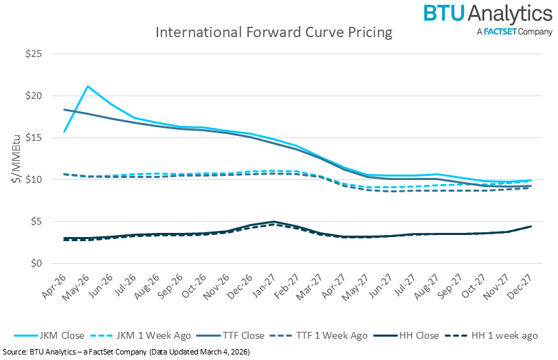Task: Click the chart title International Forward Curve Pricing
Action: point(274,32)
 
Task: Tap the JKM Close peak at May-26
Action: point(87,87)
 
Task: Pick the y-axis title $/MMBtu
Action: point(14,159)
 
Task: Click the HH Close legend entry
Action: point(413,335)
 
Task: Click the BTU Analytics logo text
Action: point(487,14)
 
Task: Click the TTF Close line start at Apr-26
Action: point(64,110)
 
